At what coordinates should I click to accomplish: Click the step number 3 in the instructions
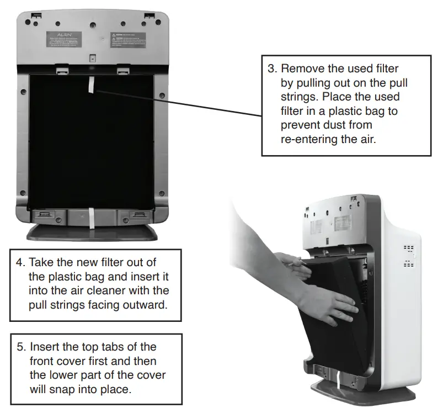click(271, 68)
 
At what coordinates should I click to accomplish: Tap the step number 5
click(20, 347)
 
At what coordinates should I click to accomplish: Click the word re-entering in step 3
click(309, 139)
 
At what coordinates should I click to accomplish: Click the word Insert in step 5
click(44, 347)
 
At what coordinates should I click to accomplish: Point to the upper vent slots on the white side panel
click(408, 249)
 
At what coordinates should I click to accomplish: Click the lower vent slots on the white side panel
click(408, 264)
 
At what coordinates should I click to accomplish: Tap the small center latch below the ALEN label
click(93, 57)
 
